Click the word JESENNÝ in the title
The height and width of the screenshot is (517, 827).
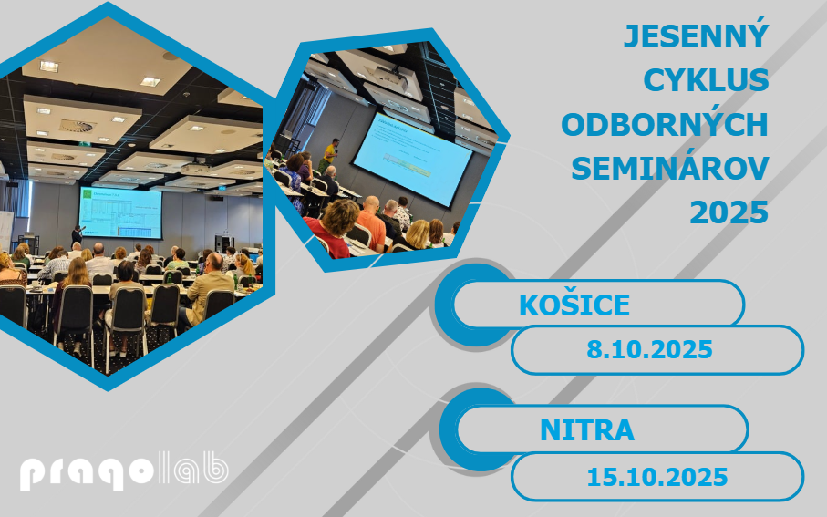[697, 35]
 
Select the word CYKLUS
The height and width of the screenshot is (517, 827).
[706, 80]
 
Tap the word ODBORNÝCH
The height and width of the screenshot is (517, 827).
[665, 125]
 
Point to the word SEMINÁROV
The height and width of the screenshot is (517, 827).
[670, 169]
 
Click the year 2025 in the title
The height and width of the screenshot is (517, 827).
[729, 213]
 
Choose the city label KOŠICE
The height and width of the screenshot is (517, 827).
[574, 305]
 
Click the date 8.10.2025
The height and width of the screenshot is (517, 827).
[650, 350]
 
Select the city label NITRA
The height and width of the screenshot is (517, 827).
[587, 430]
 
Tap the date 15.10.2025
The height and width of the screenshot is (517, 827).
[657, 477]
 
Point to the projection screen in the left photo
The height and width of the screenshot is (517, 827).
[120, 212]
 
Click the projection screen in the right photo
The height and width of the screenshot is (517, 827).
[412, 159]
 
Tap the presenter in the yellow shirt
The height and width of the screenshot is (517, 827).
[329, 156]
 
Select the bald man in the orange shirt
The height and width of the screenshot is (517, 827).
[371, 223]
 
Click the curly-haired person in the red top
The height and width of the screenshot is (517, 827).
[334, 229]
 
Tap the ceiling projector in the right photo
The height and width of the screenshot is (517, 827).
[391, 77]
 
